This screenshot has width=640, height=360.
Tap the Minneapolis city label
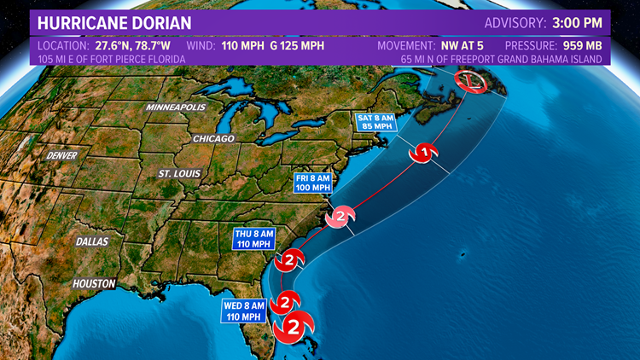point(176,108)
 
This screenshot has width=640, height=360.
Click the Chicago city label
point(213,137)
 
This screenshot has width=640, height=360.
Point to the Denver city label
point(62,156)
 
